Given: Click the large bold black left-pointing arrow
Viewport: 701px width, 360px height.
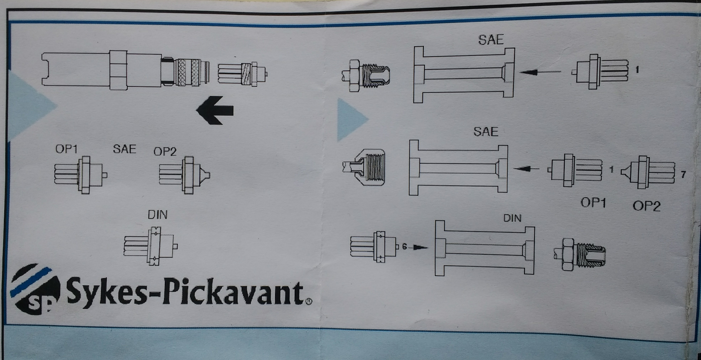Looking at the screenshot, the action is (x=215, y=110).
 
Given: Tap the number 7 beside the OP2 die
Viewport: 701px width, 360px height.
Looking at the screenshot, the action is (x=683, y=175).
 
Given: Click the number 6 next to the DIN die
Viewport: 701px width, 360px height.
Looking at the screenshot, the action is (x=404, y=247).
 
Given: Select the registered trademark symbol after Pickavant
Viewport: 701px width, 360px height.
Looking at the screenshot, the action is (x=309, y=301).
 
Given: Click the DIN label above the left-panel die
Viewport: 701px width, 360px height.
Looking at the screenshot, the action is (x=157, y=215).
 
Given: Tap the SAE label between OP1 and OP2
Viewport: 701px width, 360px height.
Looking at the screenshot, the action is (x=125, y=149).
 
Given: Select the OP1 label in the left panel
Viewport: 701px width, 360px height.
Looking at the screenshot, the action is (x=67, y=149).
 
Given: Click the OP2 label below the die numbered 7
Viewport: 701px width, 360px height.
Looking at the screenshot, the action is (x=647, y=206).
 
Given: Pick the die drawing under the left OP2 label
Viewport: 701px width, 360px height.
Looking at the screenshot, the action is (x=184, y=175).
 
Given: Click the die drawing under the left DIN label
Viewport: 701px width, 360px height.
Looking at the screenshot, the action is (x=151, y=246).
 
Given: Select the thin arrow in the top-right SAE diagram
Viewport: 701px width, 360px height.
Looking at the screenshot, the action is (x=540, y=72).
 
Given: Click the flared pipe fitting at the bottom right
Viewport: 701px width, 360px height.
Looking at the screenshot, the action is (x=580, y=254).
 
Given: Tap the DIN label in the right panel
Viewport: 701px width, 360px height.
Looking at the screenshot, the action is (x=512, y=218).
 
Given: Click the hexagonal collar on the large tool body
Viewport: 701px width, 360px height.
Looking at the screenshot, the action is (x=118, y=70).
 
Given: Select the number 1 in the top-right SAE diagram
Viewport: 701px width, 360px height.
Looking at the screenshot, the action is (x=637, y=70).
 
